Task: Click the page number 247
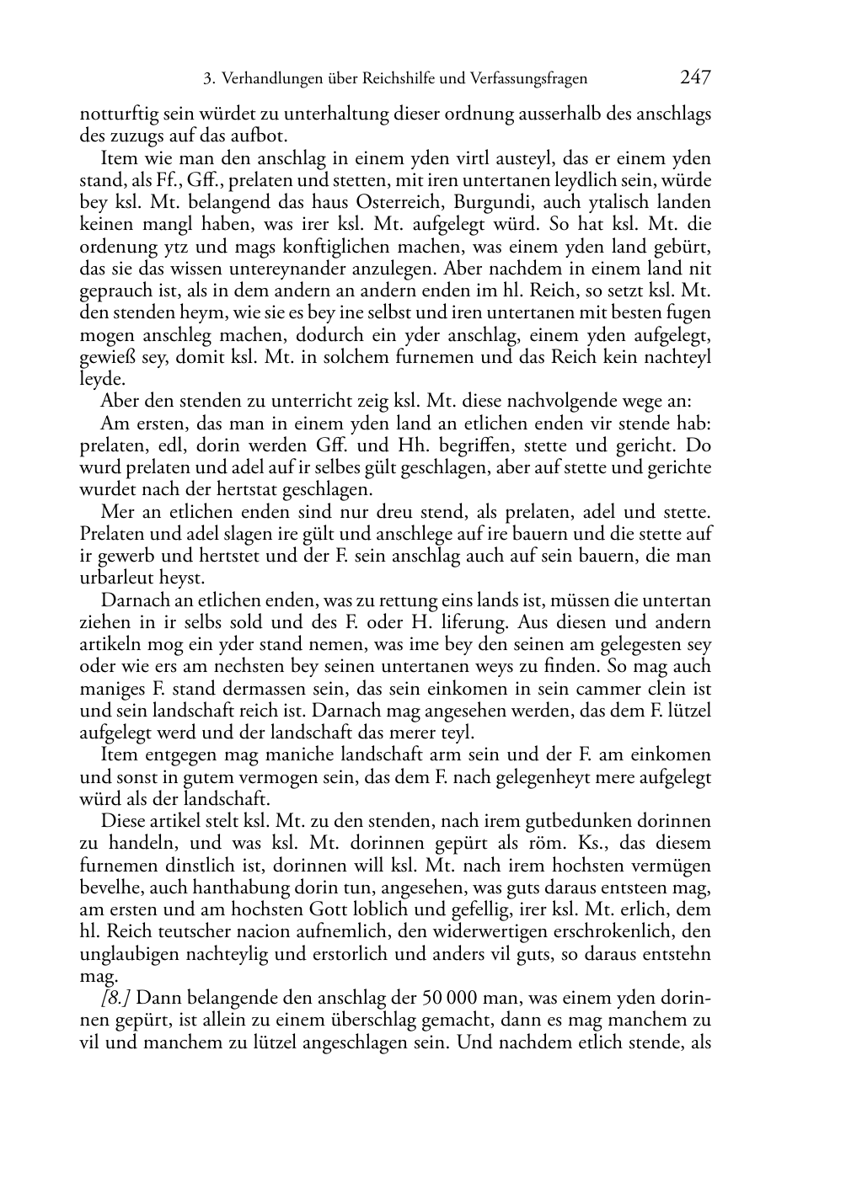pyautogui.click(x=695, y=78)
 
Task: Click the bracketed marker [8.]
pyautogui.click(x=115, y=998)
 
